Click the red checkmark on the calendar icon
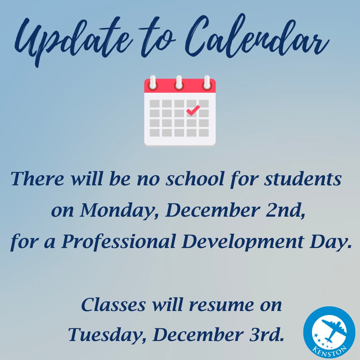(x=193, y=110)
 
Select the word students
(x=303, y=179)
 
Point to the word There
(x=35, y=179)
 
